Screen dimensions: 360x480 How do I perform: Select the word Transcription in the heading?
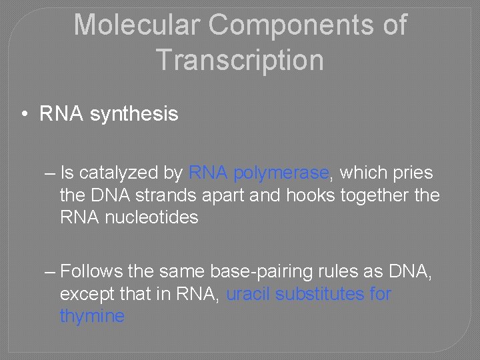click(x=240, y=60)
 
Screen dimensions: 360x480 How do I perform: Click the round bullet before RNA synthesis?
click(x=24, y=115)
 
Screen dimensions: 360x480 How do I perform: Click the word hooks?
click(x=310, y=195)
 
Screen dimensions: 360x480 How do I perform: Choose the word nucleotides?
click(x=152, y=217)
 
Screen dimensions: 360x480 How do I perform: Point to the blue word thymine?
click(x=92, y=315)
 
